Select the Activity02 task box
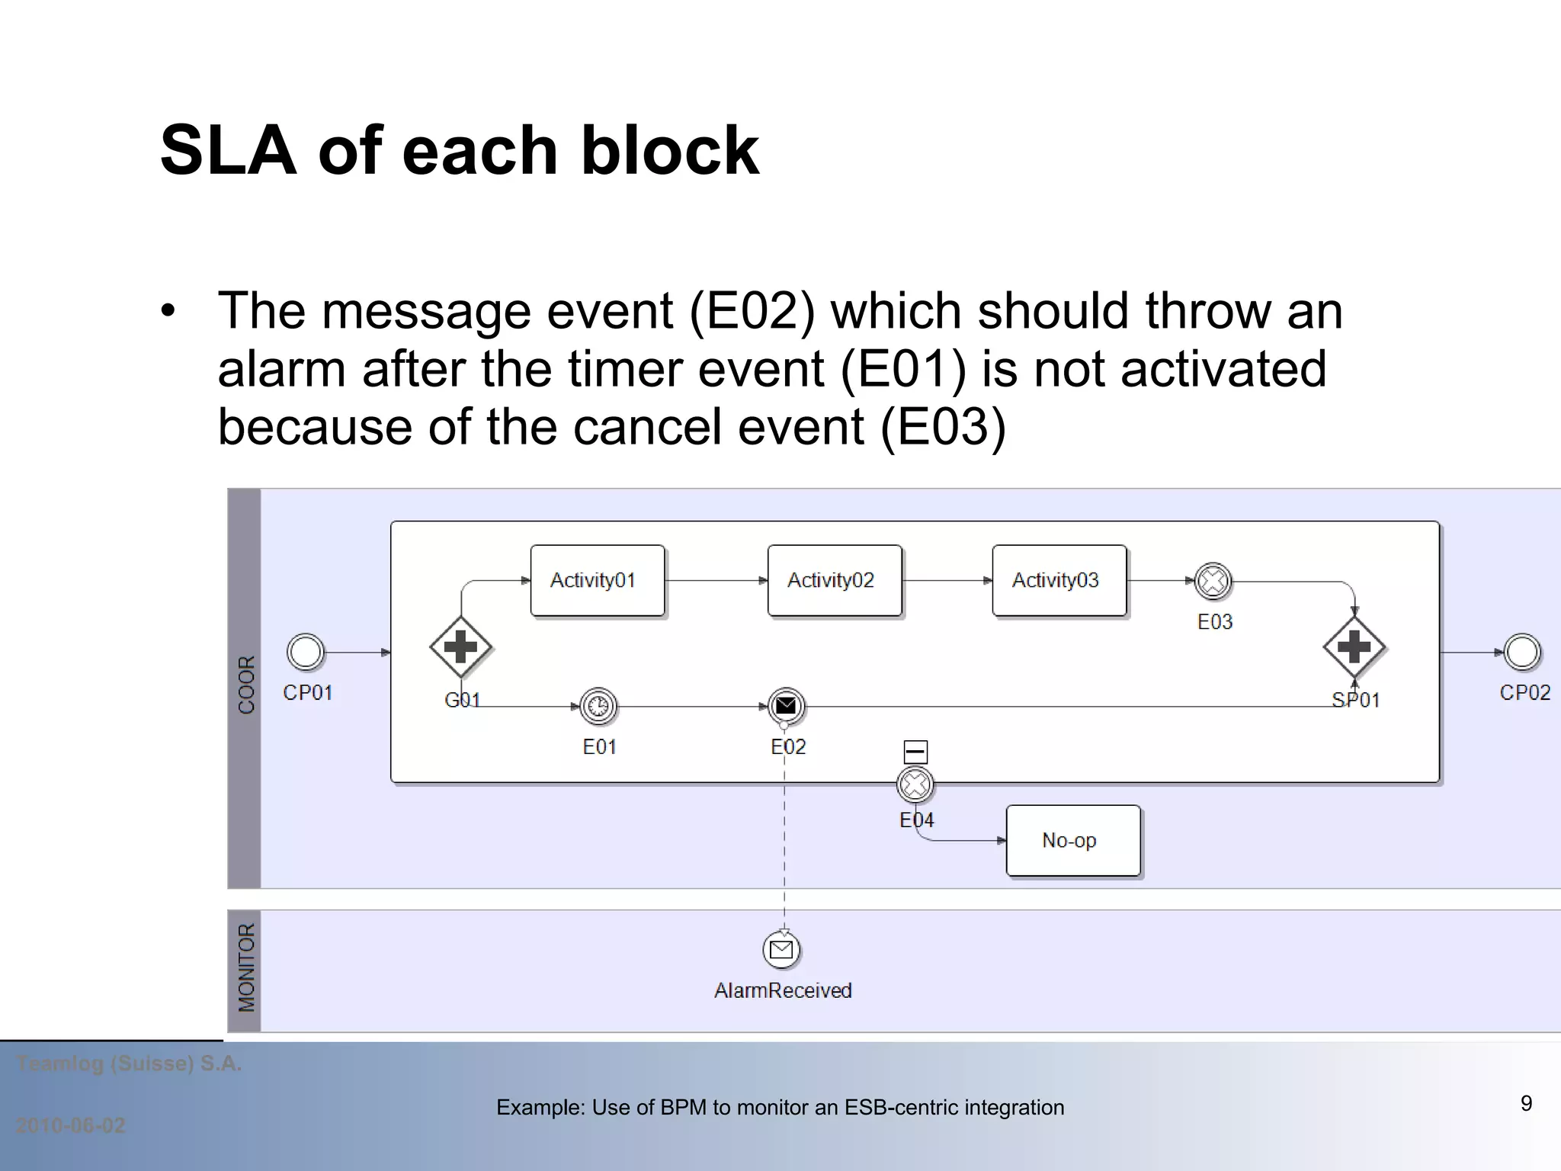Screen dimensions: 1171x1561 click(835, 580)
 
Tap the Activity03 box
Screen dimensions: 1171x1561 click(1059, 580)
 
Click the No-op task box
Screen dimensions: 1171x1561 click(1072, 840)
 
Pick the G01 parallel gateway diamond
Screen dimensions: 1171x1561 click(460, 647)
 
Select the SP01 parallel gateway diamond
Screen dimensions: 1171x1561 click(1354, 647)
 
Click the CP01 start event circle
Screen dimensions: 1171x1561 click(306, 652)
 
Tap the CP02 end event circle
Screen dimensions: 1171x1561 click(1521, 652)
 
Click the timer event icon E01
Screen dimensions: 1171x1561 click(598, 706)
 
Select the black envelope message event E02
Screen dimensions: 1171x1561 click(786, 706)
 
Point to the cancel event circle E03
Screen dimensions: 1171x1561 click(1213, 582)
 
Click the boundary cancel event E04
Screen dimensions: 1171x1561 click(915, 784)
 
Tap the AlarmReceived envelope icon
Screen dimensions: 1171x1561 click(781, 949)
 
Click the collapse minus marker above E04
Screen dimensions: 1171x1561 click(915, 752)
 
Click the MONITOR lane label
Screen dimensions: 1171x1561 click(245, 968)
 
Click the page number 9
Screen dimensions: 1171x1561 click(1526, 1103)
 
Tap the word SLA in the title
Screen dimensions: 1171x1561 click(228, 150)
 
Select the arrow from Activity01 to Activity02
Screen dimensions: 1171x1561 click(716, 581)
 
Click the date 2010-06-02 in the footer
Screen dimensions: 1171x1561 click(71, 1125)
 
